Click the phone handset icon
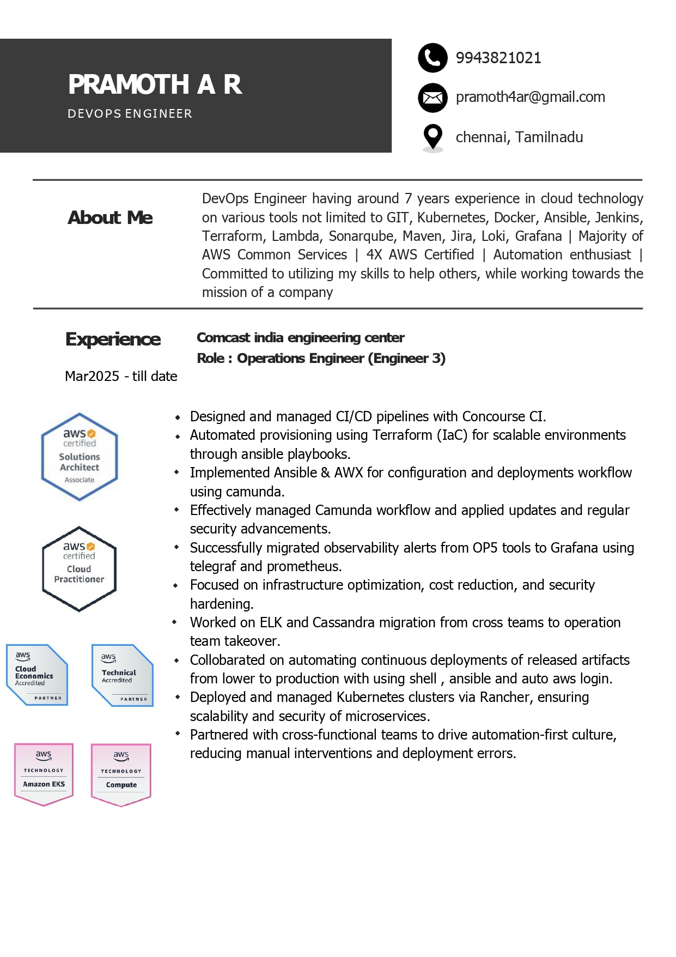coord(433,58)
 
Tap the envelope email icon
coord(433,98)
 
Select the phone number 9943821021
coord(498,58)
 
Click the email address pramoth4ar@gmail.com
coord(530,97)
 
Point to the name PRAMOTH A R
coord(155,84)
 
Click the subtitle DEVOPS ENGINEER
coord(130,113)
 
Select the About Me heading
coord(110,217)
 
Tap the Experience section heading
coord(113,339)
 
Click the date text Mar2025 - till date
coord(121,376)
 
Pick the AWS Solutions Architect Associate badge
coord(80,457)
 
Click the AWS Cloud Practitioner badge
coord(80,569)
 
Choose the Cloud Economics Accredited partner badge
coord(36,675)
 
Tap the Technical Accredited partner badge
coord(123,675)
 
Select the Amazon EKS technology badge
coord(44,774)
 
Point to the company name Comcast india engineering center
coord(300,337)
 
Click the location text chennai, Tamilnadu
coord(519,137)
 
